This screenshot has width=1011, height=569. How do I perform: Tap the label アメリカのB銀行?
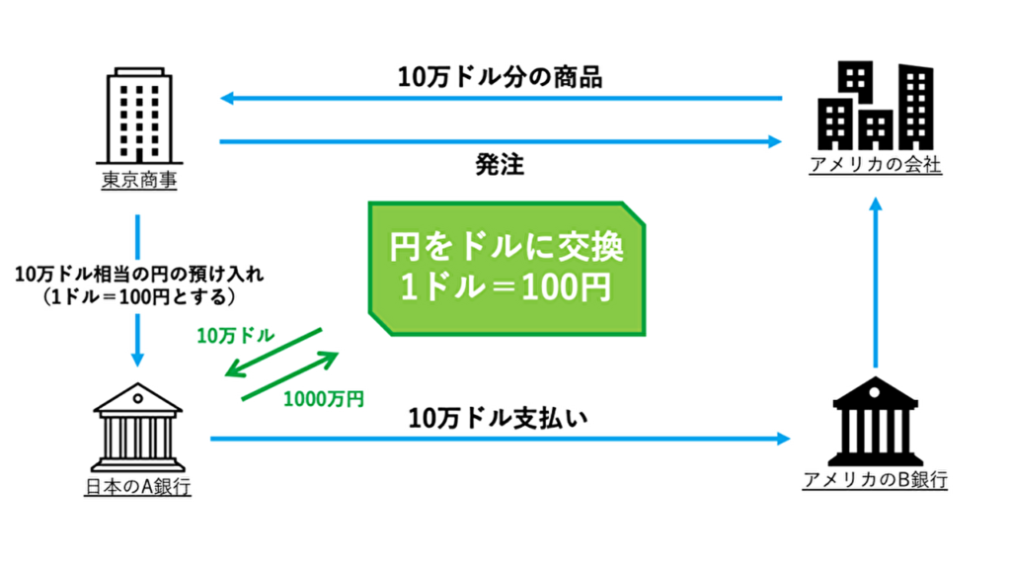click(875, 481)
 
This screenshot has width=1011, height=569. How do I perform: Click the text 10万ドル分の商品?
click(500, 79)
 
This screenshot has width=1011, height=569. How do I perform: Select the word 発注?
click(499, 165)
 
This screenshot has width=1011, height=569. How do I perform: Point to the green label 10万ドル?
click(235, 337)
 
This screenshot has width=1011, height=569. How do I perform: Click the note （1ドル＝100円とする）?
click(138, 295)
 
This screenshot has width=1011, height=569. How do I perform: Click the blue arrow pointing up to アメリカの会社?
click(875, 286)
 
